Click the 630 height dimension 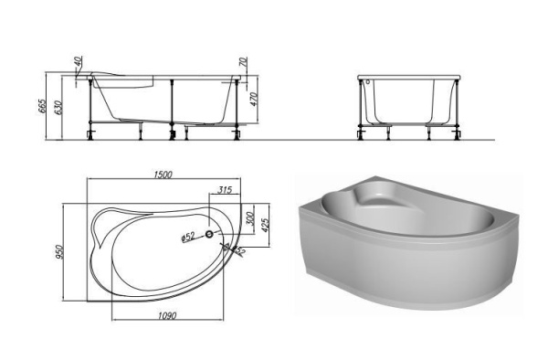coord(59,108)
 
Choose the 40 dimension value coord(79,62)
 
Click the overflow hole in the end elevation coord(368,81)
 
